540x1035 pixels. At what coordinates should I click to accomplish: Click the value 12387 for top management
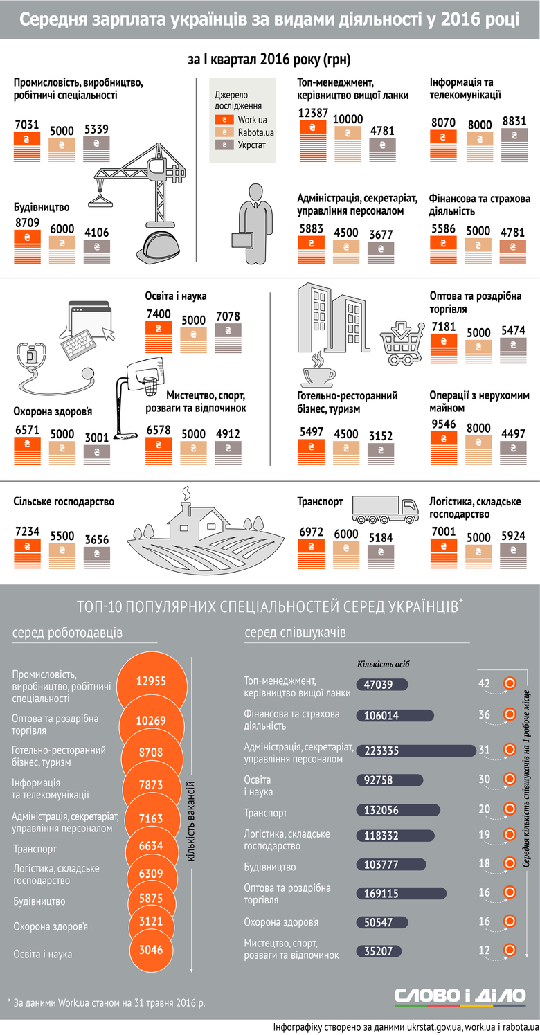[x=313, y=113]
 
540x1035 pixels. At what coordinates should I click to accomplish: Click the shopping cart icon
[x=402, y=343]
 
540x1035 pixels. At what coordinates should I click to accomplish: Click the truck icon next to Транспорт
[x=385, y=510]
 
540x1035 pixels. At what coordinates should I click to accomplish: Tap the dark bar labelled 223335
[x=416, y=751]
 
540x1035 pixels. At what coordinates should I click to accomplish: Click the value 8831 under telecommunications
[x=514, y=121]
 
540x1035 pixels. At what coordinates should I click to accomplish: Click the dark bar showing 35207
[x=379, y=951]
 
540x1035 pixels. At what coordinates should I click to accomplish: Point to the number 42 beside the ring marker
[x=484, y=683]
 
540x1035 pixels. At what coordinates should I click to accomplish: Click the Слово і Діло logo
[x=460, y=996]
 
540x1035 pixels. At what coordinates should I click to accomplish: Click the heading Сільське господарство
[x=64, y=502]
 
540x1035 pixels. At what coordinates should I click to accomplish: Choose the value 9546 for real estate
[x=444, y=424]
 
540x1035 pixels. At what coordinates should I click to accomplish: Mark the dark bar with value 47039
[x=382, y=684]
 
